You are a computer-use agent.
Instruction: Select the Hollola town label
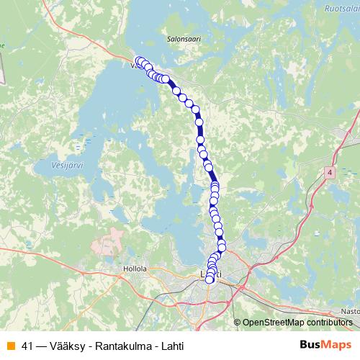[x=135, y=268]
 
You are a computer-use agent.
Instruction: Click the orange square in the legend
[x=10, y=346]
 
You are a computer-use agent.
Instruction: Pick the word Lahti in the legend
[x=171, y=346]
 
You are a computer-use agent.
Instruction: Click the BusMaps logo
[x=326, y=345]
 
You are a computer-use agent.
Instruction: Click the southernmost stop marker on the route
[x=210, y=280]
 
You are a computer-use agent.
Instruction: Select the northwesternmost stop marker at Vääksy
[x=138, y=60]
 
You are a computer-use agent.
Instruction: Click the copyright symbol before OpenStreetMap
[x=238, y=322]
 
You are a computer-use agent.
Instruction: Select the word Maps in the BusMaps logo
[x=338, y=345]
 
